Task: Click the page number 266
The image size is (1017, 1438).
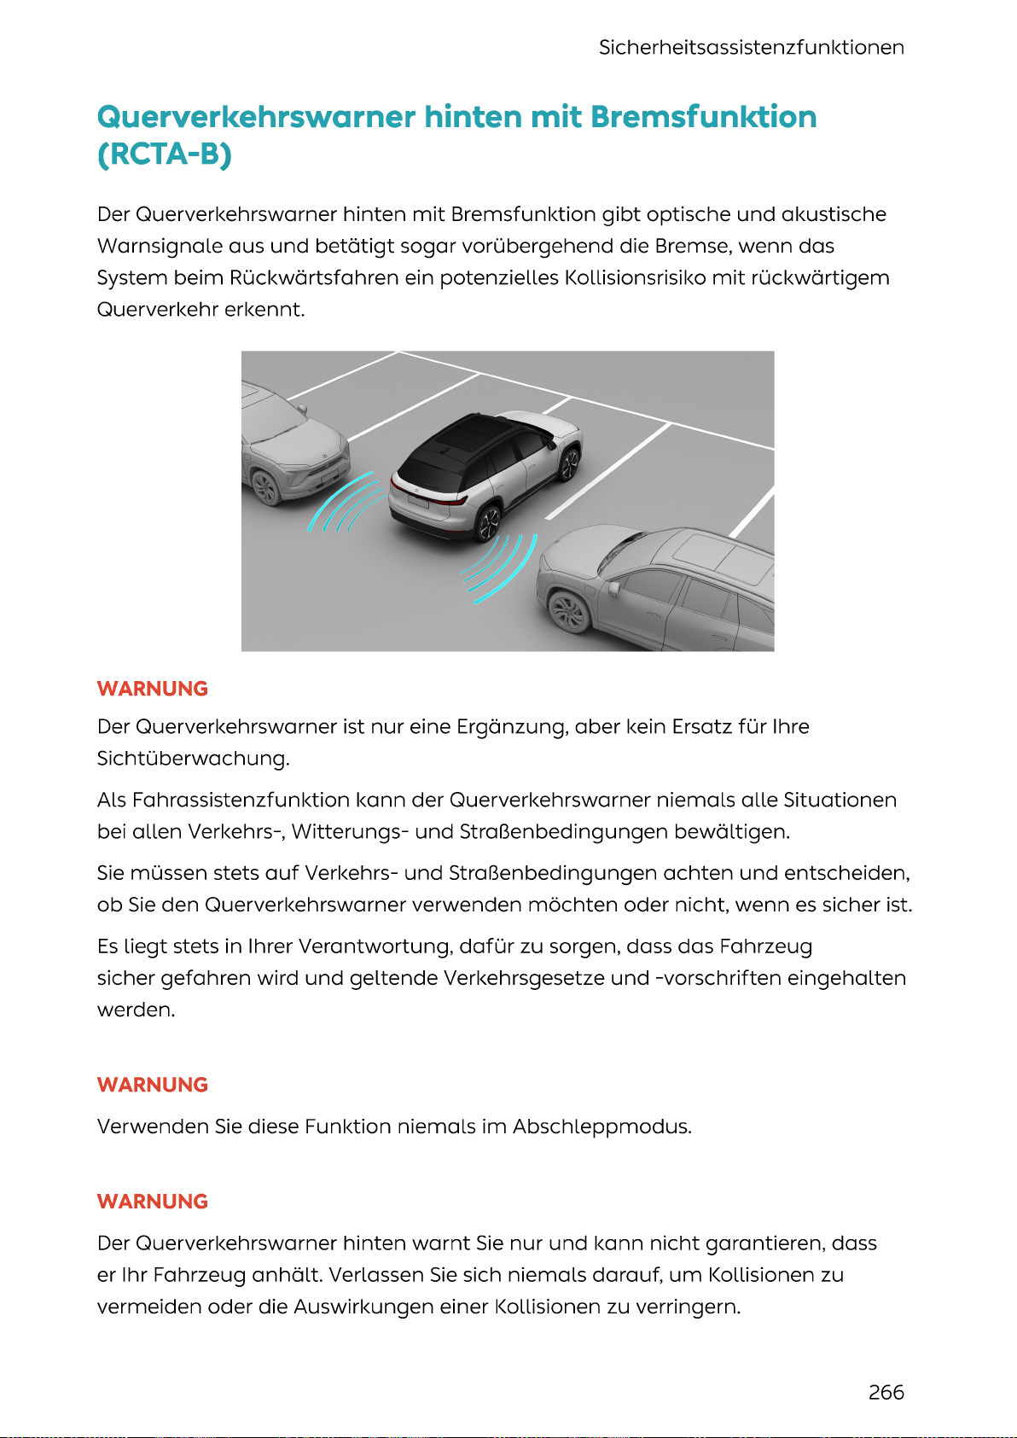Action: click(886, 1392)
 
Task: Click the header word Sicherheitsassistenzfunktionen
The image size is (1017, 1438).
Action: click(751, 47)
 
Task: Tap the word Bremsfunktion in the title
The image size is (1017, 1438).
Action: click(703, 117)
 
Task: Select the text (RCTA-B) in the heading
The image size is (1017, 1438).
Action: click(165, 154)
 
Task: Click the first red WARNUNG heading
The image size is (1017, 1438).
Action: click(153, 689)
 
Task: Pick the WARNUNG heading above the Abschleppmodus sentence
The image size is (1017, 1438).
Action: click(153, 1085)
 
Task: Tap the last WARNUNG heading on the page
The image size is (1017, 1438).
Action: click(153, 1202)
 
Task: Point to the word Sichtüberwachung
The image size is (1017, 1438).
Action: click(193, 759)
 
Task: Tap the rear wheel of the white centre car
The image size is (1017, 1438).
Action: click(488, 521)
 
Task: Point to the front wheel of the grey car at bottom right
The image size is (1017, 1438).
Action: click(568, 609)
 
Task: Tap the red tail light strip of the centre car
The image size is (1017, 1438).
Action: click(427, 498)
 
